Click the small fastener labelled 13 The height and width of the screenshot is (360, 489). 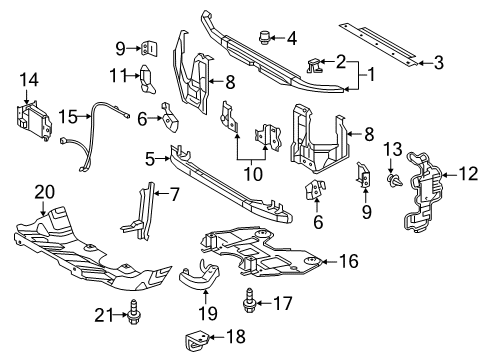pos(397,181)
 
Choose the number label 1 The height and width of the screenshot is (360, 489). pos(375,74)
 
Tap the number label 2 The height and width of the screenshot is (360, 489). pos(343,60)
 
